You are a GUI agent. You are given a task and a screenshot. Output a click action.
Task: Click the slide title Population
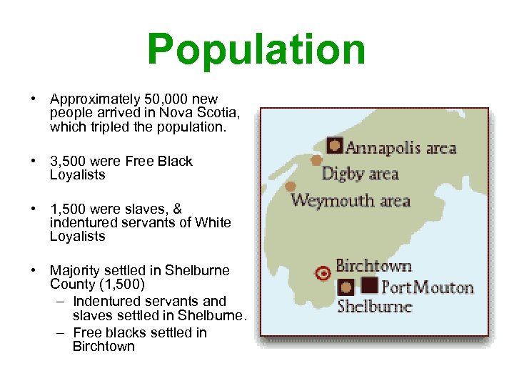coord(256,49)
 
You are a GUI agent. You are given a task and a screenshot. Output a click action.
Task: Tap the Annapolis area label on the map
coord(400,148)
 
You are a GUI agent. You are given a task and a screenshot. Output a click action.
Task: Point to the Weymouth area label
coord(351,200)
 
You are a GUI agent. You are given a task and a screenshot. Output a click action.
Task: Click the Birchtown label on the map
coord(373,266)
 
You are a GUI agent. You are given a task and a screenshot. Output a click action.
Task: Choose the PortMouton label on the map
coord(427,287)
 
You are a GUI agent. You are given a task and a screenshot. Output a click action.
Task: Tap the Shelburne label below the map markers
coord(374,307)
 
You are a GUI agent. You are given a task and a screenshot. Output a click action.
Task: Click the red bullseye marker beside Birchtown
coord(323,272)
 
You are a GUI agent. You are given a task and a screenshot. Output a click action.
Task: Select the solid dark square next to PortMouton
coord(369,286)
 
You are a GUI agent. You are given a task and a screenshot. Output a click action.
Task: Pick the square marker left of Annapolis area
coord(335,145)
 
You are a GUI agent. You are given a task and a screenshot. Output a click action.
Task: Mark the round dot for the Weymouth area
coord(291,187)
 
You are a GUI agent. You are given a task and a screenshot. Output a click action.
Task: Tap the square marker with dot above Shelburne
coord(346,287)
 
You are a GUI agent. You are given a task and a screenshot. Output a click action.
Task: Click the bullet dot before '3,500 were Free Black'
coord(34,162)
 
